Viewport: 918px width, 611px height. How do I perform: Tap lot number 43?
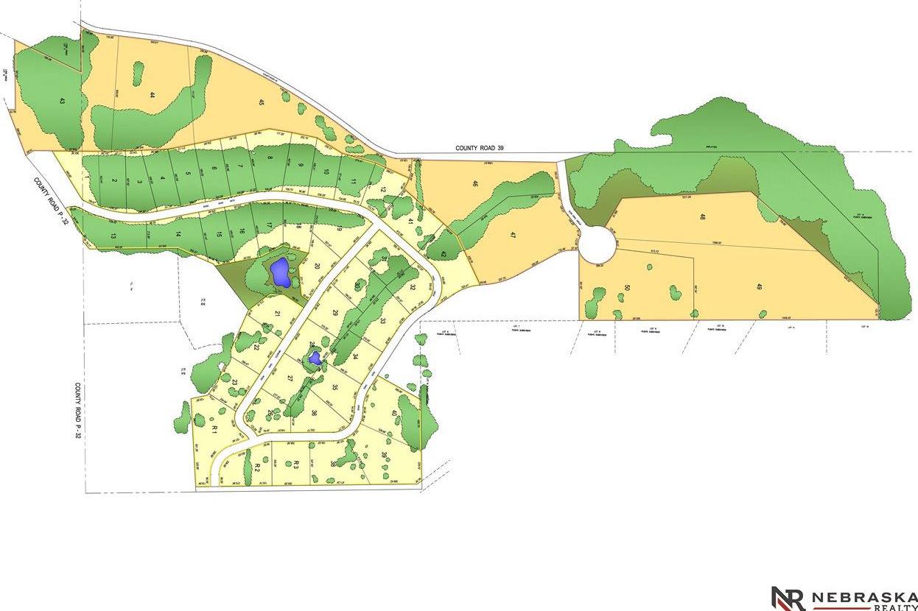coord(61,102)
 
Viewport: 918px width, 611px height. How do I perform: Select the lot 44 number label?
coord(152,95)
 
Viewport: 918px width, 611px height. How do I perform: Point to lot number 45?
coord(261,102)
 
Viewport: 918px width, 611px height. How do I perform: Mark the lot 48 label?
coord(702,217)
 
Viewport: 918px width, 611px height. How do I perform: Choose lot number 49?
coord(758,286)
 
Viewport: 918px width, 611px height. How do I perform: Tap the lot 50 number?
coord(627,288)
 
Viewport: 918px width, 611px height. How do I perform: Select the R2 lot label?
coord(257,467)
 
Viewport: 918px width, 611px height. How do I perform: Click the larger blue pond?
coord(279,273)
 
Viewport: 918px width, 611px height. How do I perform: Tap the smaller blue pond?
coord(315,359)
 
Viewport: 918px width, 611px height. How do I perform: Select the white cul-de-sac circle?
coord(596,244)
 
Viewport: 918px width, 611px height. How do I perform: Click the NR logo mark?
coord(788,598)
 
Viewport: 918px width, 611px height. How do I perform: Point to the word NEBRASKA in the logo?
coord(859,596)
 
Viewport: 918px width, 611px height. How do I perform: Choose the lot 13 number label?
coord(113,236)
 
